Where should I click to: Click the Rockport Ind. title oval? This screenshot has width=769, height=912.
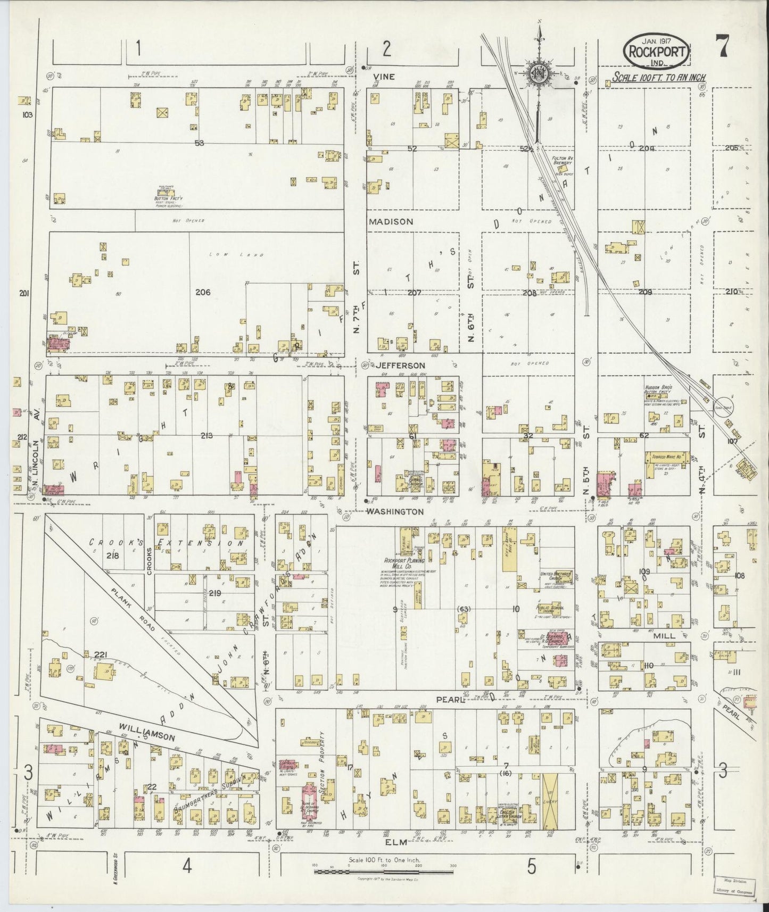point(657,52)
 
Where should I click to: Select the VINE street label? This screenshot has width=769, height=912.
point(384,77)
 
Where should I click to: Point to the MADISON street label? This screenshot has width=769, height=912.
point(391,221)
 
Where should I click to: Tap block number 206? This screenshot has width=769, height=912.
point(203,292)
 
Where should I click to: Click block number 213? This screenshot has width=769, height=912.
point(206,436)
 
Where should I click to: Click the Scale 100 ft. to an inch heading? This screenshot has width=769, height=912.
point(659,78)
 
